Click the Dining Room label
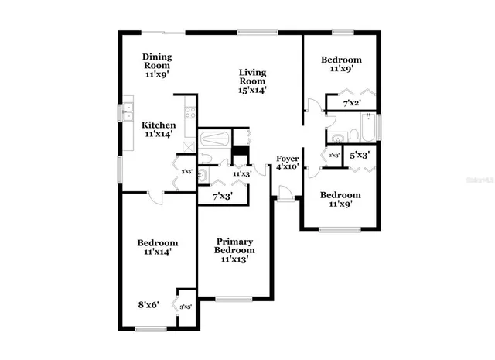(156, 65)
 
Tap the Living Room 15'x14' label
(252, 81)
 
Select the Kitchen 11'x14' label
(157, 129)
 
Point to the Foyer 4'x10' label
(288, 163)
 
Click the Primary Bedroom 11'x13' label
(234, 250)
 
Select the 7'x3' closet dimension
(223, 197)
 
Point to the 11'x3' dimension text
(241, 174)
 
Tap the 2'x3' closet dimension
(334, 156)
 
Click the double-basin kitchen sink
(128, 111)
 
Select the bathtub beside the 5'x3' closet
(368, 128)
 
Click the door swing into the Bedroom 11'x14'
(155, 197)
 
